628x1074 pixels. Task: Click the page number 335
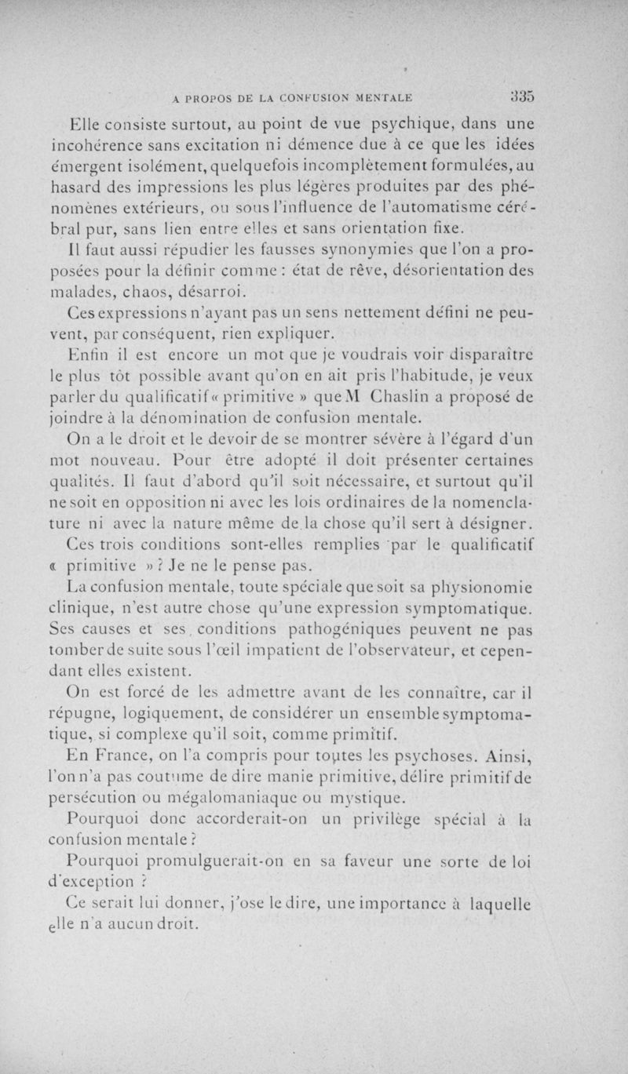[x=523, y=96]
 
